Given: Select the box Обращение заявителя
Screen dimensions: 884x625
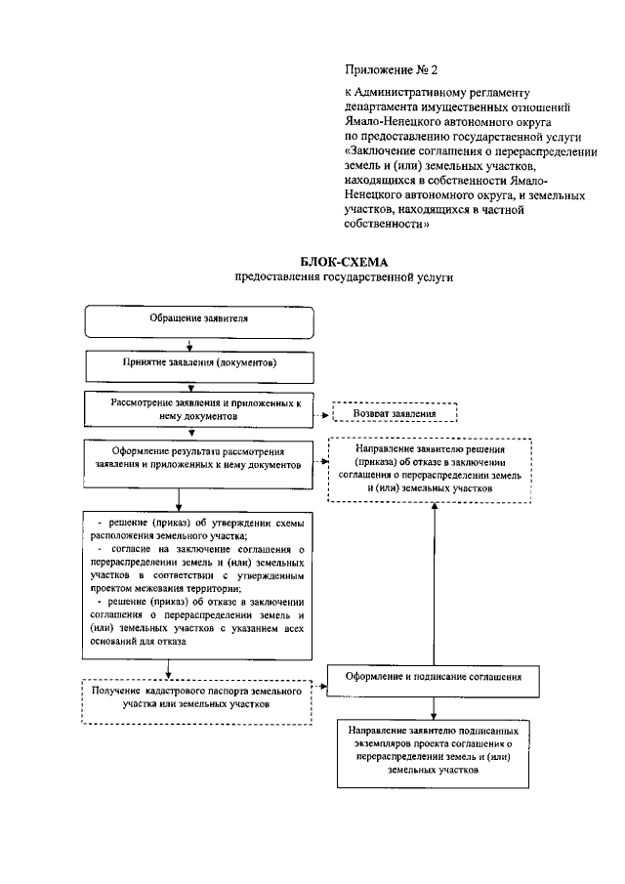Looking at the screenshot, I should (x=198, y=320).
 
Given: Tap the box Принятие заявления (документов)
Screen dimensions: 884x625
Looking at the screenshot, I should (x=199, y=362).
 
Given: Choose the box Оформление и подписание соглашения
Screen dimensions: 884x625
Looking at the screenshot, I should (x=431, y=675).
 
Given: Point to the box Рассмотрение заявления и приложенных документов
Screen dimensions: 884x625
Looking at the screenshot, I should (x=198, y=407).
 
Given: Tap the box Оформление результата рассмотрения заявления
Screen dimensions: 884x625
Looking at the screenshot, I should (x=198, y=459).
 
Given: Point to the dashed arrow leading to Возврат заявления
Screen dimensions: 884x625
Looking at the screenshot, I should (x=323, y=413).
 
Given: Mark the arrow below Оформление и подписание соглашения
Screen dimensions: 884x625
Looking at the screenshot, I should (x=432, y=705).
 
